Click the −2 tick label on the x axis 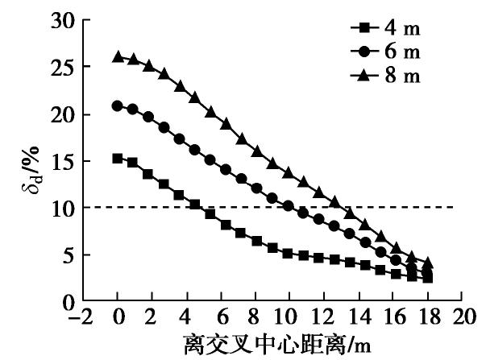click(x=80, y=317)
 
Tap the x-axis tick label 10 click(x=289, y=317)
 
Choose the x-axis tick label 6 click(x=221, y=317)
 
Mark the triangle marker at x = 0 click(x=118, y=56)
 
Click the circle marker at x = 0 click(x=118, y=106)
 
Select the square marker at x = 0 click(x=118, y=159)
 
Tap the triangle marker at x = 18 click(x=427, y=263)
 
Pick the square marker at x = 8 click(x=256, y=241)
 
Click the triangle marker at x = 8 click(x=256, y=151)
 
